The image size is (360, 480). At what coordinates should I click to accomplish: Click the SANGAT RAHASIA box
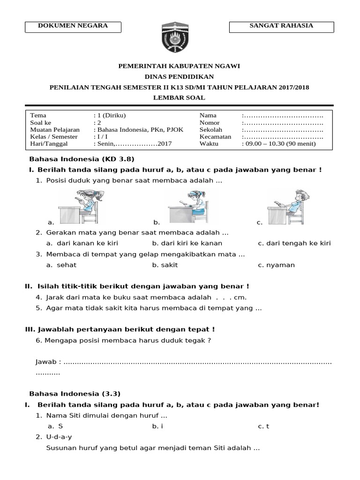281,26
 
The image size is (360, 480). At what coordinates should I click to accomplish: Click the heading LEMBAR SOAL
180,97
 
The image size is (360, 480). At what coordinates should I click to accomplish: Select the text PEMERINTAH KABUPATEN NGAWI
180,66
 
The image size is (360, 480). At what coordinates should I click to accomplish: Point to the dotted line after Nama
283,115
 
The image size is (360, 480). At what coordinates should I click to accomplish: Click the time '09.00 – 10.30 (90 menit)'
280,143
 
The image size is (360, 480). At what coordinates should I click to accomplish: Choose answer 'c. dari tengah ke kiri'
294,243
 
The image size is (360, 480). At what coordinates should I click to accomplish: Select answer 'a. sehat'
61,265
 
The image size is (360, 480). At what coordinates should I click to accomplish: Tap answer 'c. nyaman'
277,265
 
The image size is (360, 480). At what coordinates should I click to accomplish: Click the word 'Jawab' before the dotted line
48,362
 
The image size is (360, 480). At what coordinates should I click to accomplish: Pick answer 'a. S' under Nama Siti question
55,426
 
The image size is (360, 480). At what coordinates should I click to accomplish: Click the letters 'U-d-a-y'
59,437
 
